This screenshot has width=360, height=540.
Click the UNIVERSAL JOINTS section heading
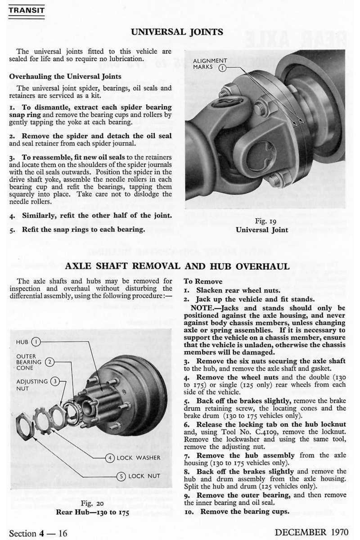(176, 32)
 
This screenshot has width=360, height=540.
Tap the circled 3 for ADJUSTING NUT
(54, 381)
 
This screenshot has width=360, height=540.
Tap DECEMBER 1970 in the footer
(311, 532)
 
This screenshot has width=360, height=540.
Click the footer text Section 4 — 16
(39, 533)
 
